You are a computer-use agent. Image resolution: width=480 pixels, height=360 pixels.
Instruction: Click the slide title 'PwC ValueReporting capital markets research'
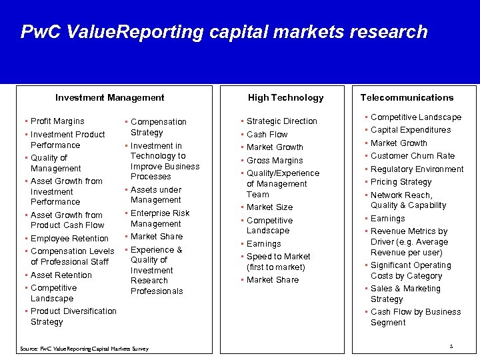[x=224, y=31]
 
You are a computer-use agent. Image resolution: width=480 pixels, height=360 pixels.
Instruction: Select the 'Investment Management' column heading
[x=109, y=97]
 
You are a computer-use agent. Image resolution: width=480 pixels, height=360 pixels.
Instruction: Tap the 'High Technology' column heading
[x=285, y=97]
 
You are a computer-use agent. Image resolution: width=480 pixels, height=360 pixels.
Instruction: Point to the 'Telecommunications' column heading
[x=407, y=97]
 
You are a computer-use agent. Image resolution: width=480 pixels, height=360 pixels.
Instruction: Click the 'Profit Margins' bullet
[x=57, y=121]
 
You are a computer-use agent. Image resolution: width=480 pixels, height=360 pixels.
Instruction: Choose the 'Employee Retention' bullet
[x=69, y=238]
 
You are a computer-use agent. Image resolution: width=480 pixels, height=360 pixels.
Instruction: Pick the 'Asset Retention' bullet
[x=61, y=275]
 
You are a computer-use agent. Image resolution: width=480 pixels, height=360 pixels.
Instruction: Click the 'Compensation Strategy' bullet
[x=158, y=127]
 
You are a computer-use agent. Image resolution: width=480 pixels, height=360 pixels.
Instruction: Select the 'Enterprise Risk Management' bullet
[x=159, y=219]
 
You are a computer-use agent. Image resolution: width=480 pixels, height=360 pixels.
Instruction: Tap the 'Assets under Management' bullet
[x=156, y=195]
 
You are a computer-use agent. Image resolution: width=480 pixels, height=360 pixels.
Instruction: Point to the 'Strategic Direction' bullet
[x=281, y=121]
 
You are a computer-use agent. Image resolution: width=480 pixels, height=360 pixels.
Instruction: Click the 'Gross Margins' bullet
[x=275, y=160]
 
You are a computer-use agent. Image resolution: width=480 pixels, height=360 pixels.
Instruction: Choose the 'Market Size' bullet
[x=269, y=207]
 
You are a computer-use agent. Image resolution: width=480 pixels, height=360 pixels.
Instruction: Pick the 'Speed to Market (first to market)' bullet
[x=277, y=261]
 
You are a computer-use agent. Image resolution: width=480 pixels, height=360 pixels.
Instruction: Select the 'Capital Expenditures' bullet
[x=411, y=130]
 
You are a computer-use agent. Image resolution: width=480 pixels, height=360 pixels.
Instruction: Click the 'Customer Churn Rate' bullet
[x=412, y=156]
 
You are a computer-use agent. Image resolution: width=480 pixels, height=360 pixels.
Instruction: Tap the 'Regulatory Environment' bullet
[x=417, y=169]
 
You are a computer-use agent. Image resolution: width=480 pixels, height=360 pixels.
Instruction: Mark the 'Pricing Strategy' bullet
[x=401, y=182]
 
